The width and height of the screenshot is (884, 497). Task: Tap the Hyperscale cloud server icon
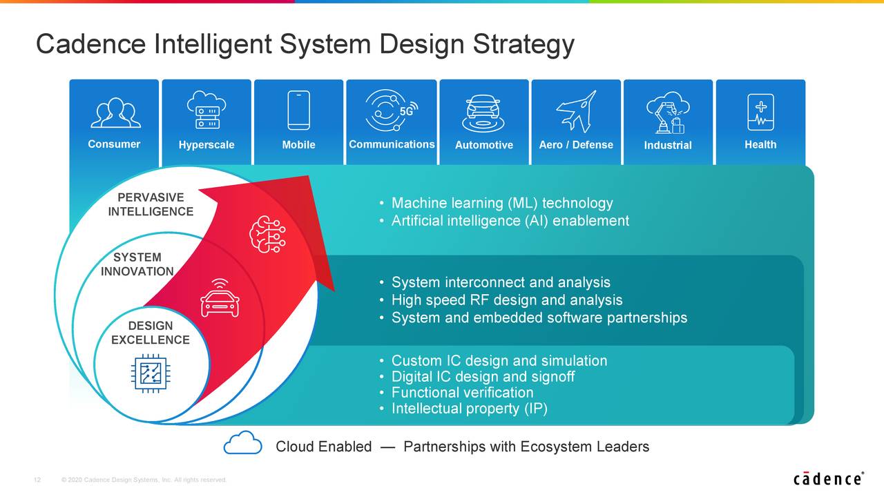tap(206, 110)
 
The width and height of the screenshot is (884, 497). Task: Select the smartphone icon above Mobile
tap(299, 110)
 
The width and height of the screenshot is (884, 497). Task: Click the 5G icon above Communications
tap(392, 110)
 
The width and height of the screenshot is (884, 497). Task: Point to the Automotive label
tap(484, 145)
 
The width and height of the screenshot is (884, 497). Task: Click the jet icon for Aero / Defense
tap(576, 111)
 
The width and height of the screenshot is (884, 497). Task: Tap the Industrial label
tap(668, 145)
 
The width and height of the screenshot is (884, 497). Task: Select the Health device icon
tap(760, 112)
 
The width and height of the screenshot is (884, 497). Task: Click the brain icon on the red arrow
tap(267, 234)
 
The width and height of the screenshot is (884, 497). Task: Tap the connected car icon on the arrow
tap(220, 298)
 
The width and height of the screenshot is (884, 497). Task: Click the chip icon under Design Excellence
tap(151, 373)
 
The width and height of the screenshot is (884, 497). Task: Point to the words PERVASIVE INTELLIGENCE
tap(151, 204)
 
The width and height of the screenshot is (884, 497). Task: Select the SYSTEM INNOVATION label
tap(137, 264)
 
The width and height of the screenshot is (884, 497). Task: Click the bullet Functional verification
tap(462, 393)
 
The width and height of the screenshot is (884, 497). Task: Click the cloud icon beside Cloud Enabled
tap(242, 442)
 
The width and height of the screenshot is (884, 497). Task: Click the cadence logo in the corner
tap(828, 478)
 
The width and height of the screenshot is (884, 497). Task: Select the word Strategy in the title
tap(523, 44)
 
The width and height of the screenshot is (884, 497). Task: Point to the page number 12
tap(37, 480)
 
